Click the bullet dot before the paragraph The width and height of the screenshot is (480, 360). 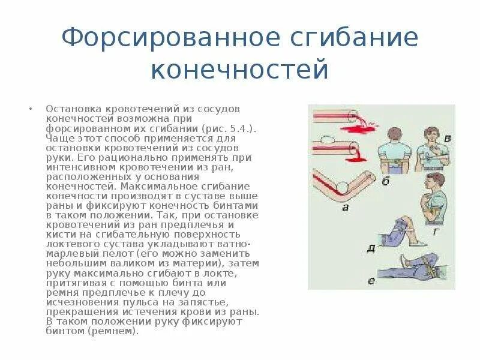coord(30,110)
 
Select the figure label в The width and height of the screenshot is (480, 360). coord(446,140)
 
